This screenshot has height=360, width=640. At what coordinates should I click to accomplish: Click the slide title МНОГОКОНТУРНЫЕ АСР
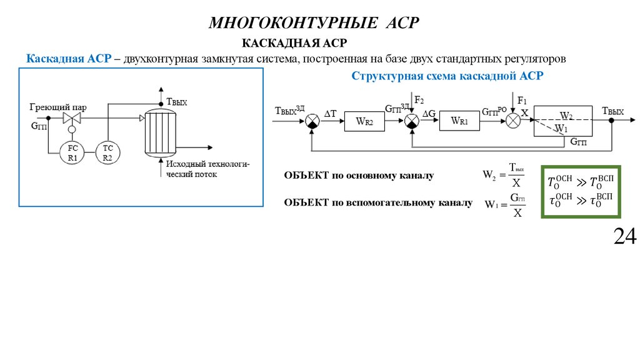coord(314,23)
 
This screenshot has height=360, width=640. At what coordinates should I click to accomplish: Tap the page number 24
coord(624,237)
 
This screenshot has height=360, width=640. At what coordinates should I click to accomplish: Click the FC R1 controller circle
coord(72,153)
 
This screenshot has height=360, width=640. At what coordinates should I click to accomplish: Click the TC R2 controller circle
coord(107,153)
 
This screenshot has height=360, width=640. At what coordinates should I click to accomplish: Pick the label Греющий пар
coord(58,107)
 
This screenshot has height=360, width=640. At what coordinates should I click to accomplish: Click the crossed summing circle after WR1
coord(513,121)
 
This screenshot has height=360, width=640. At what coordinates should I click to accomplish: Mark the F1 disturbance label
coord(522,101)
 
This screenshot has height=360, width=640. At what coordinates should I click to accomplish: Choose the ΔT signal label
coord(330,113)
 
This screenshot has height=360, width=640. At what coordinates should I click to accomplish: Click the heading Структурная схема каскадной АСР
coord(447,76)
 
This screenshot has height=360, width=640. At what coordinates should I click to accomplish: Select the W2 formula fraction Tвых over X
coord(516,176)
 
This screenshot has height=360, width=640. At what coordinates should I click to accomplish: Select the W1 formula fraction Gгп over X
coord(517,204)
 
